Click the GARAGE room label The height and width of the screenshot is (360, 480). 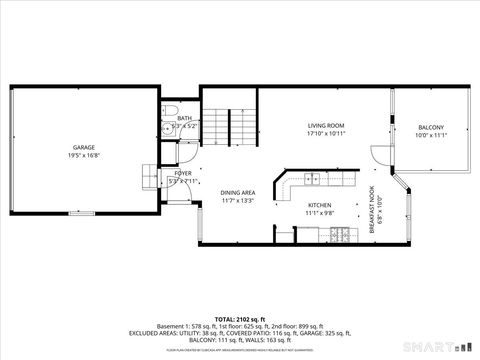point(83,147)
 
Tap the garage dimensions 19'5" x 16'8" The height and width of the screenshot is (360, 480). point(83,155)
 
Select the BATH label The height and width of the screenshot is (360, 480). point(184,118)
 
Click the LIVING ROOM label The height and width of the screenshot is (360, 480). point(325,125)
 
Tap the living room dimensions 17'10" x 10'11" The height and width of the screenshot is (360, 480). point(325,133)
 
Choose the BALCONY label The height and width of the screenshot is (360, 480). point(431,127)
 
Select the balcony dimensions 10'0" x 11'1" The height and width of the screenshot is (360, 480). point(431,135)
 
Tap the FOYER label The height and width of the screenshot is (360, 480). point(183,173)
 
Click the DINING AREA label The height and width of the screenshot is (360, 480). point(238,192)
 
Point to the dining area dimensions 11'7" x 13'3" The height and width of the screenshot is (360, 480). point(238,200)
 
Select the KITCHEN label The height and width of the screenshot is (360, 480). point(319,204)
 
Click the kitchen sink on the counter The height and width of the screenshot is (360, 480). point(313,179)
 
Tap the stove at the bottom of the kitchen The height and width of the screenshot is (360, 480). point(340,235)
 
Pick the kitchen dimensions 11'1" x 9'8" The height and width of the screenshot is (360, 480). point(319,212)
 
